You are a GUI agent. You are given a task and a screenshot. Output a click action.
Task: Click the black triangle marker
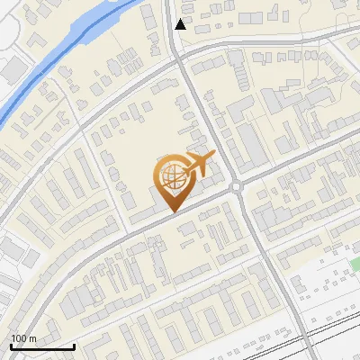tap(181, 24)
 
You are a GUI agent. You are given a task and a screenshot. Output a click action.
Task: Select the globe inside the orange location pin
tap(172, 176)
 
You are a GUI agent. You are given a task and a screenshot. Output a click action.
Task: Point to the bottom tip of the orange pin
tap(172, 211)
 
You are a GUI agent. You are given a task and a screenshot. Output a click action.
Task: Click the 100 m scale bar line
tap(41, 346)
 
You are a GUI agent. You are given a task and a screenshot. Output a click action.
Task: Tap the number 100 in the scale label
tap(18, 338)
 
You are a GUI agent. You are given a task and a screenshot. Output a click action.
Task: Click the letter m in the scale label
tap(31, 338)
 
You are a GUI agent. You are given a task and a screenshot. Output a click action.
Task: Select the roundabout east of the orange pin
tap(237, 186)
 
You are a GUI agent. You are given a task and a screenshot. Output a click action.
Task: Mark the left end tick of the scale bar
tap(11, 346)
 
